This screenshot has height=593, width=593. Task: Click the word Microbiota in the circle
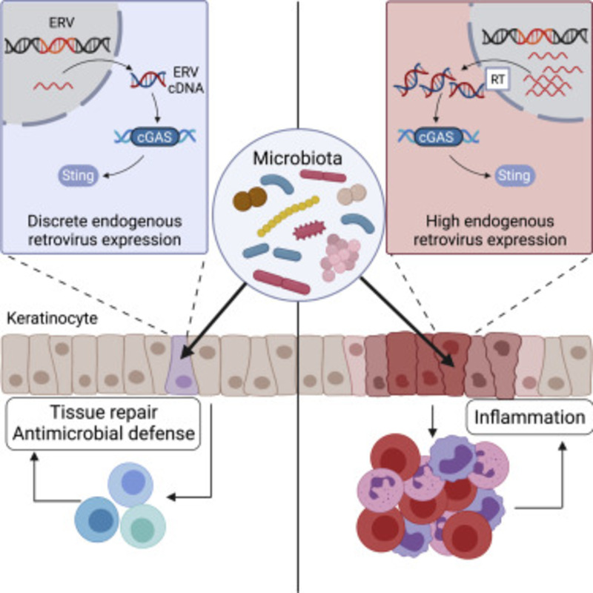(x=296, y=157)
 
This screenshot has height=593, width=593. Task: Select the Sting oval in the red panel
(x=513, y=176)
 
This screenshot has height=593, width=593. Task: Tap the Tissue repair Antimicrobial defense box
(x=105, y=423)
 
